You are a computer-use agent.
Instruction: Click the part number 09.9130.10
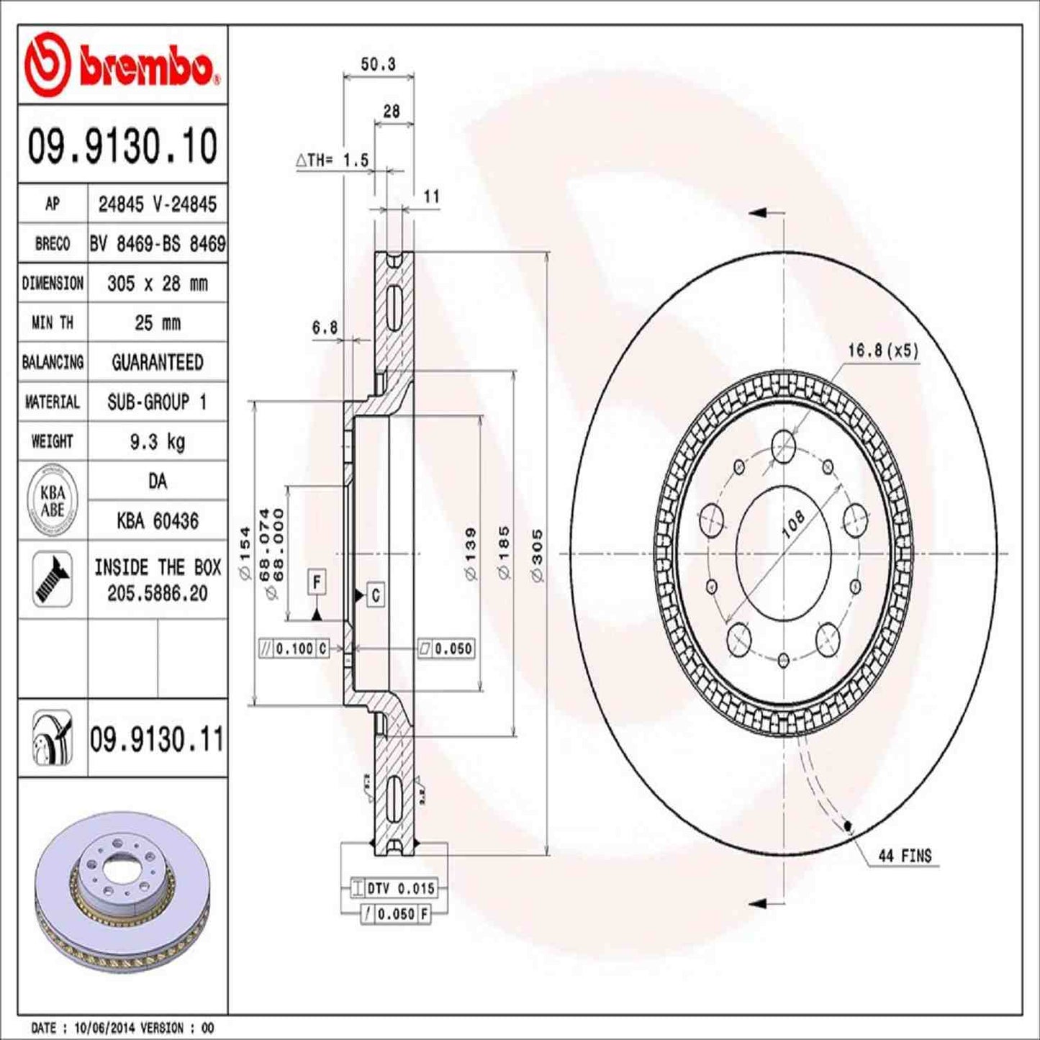pos(122,146)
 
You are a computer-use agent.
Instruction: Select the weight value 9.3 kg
pos(157,441)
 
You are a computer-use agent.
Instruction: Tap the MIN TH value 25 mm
pos(157,322)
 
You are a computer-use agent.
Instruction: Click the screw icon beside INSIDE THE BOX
pos(53,579)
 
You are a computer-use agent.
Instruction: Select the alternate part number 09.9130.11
pos(156,740)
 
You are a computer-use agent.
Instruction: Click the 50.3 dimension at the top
pos(378,64)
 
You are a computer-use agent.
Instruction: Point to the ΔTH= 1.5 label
pos(333,160)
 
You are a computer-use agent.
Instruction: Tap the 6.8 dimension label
pos(325,327)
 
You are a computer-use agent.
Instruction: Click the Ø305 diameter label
pos(538,555)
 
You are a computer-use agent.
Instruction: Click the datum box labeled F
pos(317,582)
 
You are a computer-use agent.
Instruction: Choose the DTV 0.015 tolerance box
pos(400,888)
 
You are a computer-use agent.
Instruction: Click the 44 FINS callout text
pos(905,856)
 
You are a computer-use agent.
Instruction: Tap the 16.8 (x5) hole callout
pos(882,351)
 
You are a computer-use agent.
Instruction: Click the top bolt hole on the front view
pos(783,446)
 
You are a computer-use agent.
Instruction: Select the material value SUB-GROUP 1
pos(157,402)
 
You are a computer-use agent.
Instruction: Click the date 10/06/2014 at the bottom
pos(99,1028)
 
